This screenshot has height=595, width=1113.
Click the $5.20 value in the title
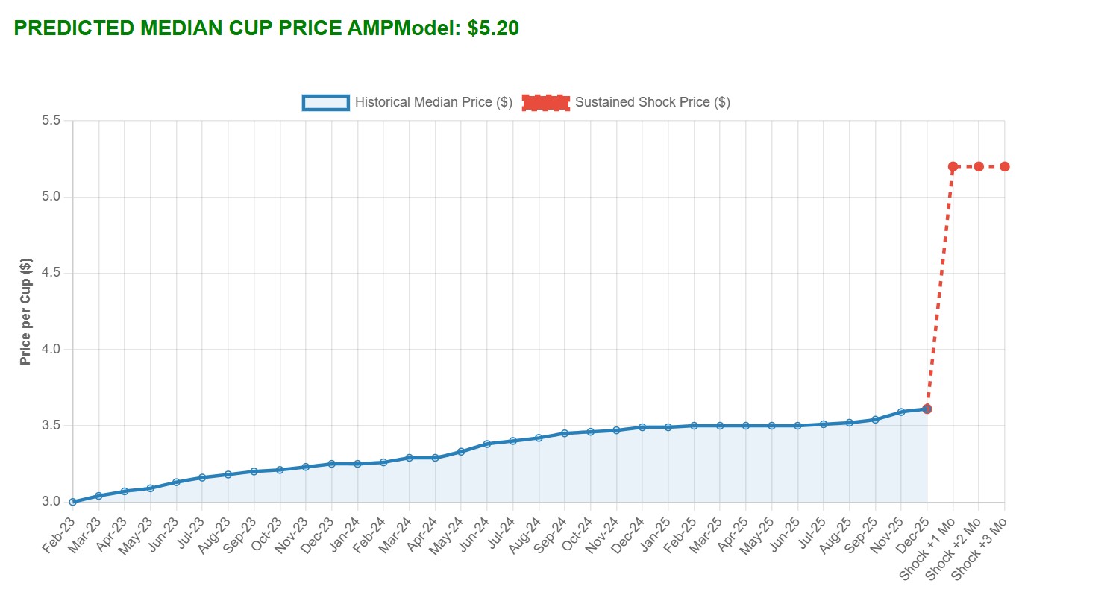pyautogui.click(x=493, y=28)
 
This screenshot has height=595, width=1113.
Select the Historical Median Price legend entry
pyautogui.click(x=407, y=102)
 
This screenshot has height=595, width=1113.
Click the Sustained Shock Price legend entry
pyautogui.click(x=626, y=102)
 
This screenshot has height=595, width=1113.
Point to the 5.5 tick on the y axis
pyautogui.click(x=52, y=121)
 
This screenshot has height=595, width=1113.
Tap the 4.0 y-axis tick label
pyautogui.click(x=52, y=350)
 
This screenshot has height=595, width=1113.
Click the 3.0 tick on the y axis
pyautogui.click(x=52, y=502)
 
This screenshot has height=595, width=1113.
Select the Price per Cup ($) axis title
pyautogui.click(x=26, y=312)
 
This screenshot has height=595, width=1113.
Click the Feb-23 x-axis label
pyautogui.click(x=60, y=535)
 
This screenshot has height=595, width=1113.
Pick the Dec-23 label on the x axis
pyautogui.click(x=319, y=535)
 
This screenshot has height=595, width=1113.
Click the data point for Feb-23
pyautogui.click(x=73, y=502)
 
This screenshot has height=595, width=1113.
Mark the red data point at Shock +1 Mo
pyautogui.click(x=953, y=166)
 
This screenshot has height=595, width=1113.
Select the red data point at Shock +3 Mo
pyautogui.click(x=1005, y=166)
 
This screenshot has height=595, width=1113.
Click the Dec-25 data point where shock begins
pyautogui.click(x=927, y=409)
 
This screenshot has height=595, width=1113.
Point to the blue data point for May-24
pyautogui.click(x=461, y=451)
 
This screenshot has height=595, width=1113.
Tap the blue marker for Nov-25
pyautogui.click(x=901, y=412)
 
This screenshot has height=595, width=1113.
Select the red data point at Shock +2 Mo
pyautogui.click(x=979, y=166)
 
